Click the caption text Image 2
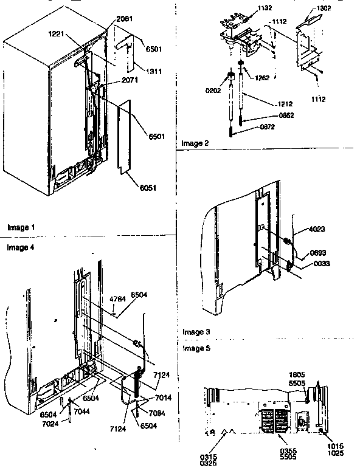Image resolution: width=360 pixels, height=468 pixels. point(195,143)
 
